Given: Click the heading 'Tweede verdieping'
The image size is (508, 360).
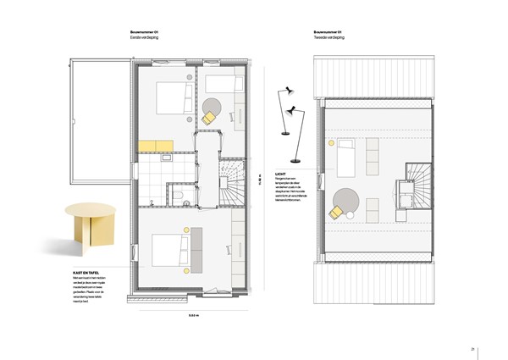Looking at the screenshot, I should [x=331, y=38].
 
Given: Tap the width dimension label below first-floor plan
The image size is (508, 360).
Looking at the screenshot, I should [x=193, y=316].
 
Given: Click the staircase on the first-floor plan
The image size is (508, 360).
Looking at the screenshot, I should [x=231, y=183].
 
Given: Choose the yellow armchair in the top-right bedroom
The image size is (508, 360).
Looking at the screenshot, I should [x=208, y=119].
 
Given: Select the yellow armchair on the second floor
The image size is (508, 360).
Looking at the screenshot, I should [x=339, y=210].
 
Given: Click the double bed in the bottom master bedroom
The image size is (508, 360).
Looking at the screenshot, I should [x=170, y=252].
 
